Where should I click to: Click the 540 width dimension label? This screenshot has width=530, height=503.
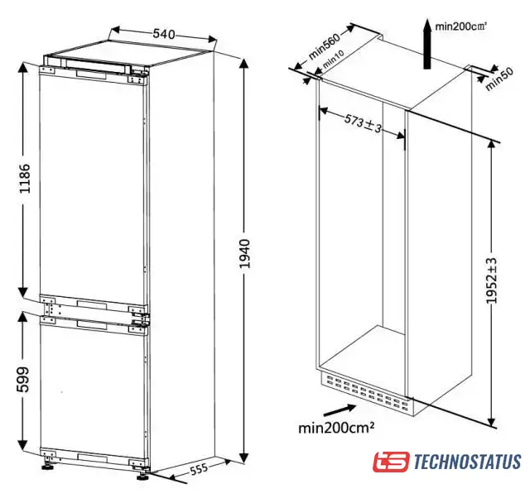pos(164,34)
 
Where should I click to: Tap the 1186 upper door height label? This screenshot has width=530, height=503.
pos(24,179)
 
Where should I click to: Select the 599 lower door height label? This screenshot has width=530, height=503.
pos(23,380)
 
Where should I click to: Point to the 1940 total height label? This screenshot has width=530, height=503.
pos(244,253)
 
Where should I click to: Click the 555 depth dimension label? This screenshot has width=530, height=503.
pos(199,469)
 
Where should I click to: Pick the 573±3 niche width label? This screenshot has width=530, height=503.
pos(363,123)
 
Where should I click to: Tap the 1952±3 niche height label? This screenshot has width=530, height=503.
pos(491,281)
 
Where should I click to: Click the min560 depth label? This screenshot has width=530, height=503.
pos(324,46)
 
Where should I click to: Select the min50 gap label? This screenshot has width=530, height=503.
pos(499,79)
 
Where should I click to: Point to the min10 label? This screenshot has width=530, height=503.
pos(334,59)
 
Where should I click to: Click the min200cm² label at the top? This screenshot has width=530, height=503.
pos(460,26)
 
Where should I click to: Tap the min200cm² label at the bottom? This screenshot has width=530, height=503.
pos(336,428)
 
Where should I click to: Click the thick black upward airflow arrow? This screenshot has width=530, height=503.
pos(427,44)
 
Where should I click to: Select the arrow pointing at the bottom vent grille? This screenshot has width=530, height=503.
pos(340,410)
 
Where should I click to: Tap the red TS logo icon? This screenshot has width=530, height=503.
pos(391,462)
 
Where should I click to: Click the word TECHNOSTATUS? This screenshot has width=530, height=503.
pos(467,462)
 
